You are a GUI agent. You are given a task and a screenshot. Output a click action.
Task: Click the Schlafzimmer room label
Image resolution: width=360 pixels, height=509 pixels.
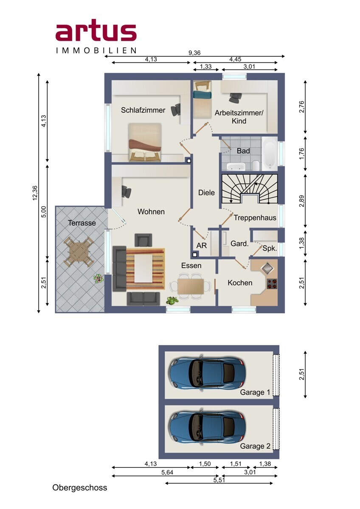pyautogui.click(x=143, y=110)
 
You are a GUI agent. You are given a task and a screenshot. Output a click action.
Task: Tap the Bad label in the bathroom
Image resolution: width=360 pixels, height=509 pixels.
pyautogui.click(x=243, y=151)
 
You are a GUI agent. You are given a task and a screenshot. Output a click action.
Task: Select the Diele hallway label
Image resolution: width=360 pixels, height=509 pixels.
pyautogui.click(x=206, y=193)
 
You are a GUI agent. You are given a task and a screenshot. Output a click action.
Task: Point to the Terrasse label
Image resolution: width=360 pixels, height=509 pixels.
pyautogui.click(x=82, y=223)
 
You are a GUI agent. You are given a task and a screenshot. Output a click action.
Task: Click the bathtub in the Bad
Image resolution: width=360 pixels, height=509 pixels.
pyautogui.click(x=270, y=154)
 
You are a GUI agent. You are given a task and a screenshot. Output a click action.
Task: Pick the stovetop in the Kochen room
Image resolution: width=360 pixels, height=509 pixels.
pyautogui.click(x=272, y=284)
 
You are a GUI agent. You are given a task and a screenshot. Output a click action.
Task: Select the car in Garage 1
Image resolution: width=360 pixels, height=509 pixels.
pyautogui.click(x=207, y=374)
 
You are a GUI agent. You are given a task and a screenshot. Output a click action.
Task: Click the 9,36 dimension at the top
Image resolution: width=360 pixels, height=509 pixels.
pyautogui.click(x=194, y=53)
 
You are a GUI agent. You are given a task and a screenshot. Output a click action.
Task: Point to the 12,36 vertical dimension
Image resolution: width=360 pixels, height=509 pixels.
pyautogui.click(x=35, y=193)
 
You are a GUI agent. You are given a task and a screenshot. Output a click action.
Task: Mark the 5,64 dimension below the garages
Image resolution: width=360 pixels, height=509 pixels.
pyautogui.click(x=167, y=473)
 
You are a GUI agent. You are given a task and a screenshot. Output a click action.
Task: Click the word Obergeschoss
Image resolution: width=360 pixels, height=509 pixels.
pyautogui.click(x=79, y=488)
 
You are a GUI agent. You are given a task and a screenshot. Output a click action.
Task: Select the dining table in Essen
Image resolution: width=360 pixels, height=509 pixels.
pyautogui.click(x=191, y=286)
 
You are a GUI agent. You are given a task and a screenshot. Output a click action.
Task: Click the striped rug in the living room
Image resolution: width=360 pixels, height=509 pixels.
pyautogui.click(x=145, y=269)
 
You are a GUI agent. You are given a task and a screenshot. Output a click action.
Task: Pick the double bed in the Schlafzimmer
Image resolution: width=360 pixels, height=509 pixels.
pyautogui.click(x=145, y=142)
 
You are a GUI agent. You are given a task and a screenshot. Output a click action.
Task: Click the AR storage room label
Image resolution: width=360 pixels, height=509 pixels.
pyautogui.click(x=202, y=246)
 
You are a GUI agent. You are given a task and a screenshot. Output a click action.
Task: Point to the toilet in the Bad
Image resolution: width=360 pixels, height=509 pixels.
pyautogui.click(x=256, y=165)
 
